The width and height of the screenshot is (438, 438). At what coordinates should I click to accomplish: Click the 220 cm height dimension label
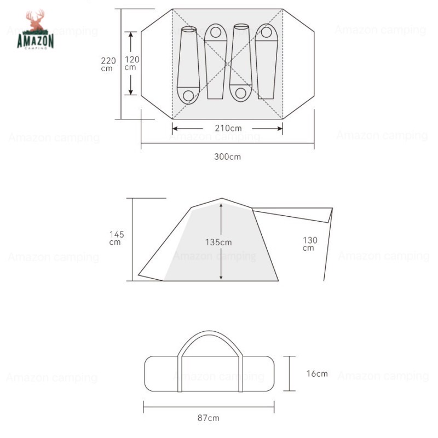tap(108, 64)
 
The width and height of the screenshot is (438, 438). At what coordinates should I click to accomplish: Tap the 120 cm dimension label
tap(132, 63)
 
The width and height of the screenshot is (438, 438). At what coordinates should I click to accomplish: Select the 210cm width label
tap(228, 128)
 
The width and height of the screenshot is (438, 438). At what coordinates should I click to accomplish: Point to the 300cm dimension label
tap(227, 157)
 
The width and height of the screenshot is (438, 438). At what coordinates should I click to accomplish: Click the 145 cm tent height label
tap(117, 238)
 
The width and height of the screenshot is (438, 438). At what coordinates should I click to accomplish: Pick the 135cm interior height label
tap(218, 242)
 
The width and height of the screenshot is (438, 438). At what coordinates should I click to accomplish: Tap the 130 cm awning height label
tap(310, 244)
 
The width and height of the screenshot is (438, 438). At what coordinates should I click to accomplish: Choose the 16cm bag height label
tap(317, 373)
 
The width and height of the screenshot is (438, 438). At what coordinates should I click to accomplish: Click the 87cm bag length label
tap(209, 418)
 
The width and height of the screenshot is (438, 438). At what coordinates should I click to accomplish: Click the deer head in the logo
tap(36, 21)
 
